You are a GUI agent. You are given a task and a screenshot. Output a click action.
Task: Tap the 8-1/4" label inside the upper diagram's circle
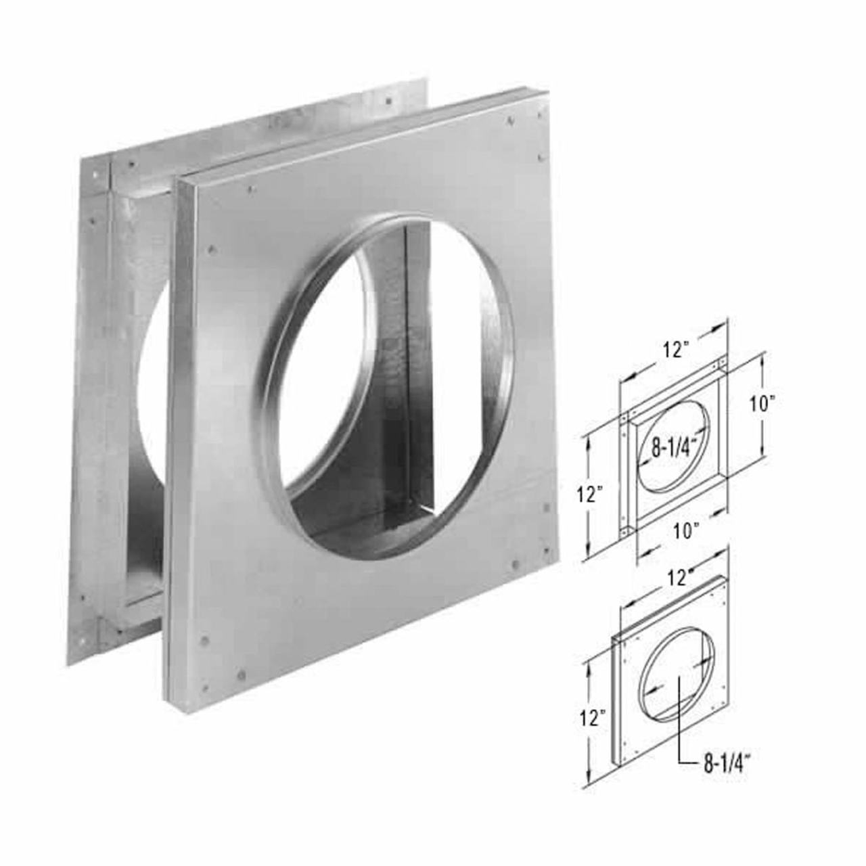tap(674, 447)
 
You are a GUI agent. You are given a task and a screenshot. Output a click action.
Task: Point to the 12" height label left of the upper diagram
tap(591, 495)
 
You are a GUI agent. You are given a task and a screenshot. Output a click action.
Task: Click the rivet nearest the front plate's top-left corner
tap(251, 189)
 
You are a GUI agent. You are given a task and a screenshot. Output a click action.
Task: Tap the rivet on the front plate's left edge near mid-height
tap(213, 248)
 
